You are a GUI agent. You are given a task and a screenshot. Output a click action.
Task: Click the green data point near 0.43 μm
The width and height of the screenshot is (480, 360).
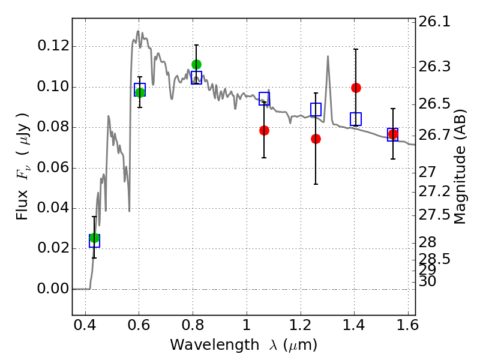pos(94,238)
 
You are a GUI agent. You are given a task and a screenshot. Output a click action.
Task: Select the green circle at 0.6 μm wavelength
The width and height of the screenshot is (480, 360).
pos(140,92)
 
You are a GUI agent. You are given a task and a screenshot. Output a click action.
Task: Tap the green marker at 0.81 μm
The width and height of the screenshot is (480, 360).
pos(196,64)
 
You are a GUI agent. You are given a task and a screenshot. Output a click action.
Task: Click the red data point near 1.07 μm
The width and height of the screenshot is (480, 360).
pos(264,130)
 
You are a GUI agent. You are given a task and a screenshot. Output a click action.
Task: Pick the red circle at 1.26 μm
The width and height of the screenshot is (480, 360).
pos(316,139)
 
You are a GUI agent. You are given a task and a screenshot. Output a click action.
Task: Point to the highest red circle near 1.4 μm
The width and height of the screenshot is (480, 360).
pos(356,88)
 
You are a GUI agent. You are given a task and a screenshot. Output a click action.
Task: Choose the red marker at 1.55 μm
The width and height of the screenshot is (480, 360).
pos(393,134)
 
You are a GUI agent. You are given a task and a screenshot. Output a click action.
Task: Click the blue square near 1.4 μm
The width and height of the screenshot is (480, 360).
pos(356,119)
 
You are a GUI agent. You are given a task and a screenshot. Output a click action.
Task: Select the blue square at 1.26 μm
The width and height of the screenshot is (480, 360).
pos(316,109)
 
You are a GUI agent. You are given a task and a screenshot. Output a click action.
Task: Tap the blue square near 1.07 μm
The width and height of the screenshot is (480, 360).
pos(264,98)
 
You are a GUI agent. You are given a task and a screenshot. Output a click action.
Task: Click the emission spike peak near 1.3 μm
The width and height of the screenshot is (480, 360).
pos(328,56)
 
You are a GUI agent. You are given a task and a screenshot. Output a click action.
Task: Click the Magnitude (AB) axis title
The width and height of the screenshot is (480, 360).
pos(460,166)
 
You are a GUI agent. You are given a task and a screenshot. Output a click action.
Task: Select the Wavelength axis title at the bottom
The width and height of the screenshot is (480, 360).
pos(243,345)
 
